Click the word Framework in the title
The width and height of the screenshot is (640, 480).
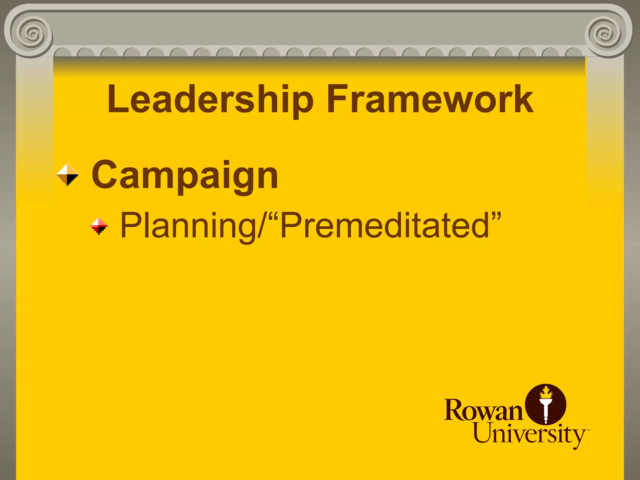[430, 99]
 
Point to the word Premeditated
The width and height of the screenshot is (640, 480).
[385, 225]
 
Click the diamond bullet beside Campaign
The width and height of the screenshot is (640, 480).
[67, 175]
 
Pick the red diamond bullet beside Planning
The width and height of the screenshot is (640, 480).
[99, 226]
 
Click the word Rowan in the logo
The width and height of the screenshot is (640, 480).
[483, 410]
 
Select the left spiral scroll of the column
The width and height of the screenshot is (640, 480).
[32, 32]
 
